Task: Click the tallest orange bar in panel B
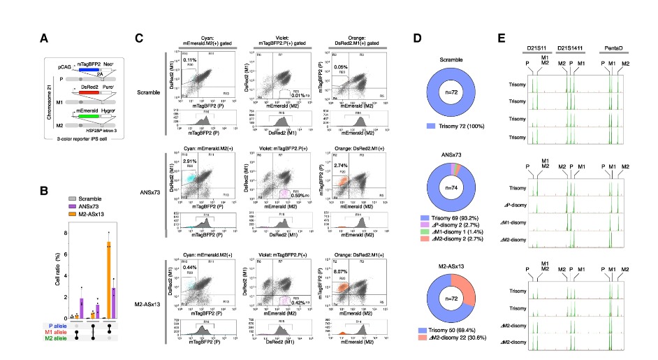tap(109, 280)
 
